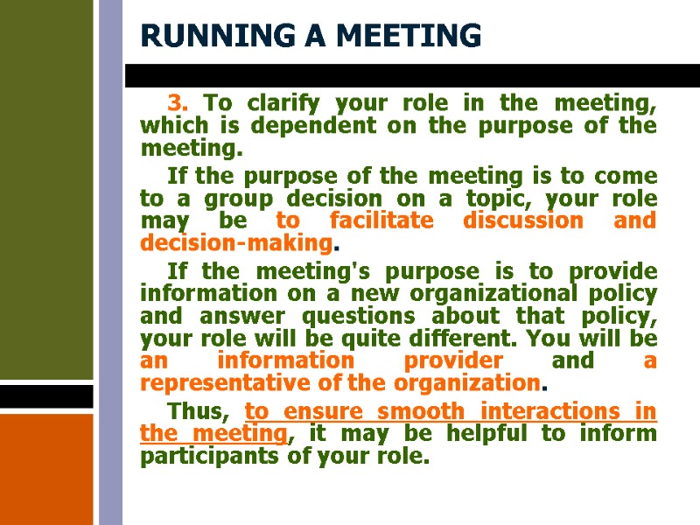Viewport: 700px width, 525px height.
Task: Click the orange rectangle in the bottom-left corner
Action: coord(46,468)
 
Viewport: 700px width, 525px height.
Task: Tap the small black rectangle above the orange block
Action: coord(46,396)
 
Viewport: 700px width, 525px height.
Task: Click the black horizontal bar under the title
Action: coord(411,75)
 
